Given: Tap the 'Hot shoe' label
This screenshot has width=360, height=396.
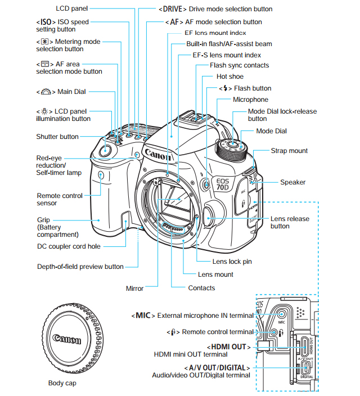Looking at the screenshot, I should [x=229, y=76].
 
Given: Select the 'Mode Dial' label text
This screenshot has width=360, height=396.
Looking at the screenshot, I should [x=271, y=131].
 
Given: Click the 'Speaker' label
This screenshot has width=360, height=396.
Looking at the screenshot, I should [x=292, y=182].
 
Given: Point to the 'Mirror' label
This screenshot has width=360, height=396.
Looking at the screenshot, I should [x=134, y=289].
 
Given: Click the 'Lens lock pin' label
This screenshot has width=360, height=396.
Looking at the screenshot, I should [x=232, y=262].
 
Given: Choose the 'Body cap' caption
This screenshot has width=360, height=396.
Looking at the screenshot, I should [x=62, y=383].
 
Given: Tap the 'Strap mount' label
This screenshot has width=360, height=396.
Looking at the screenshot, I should [x=289, y=151].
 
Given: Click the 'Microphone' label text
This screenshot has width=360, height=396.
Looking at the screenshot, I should [x=250, y=100].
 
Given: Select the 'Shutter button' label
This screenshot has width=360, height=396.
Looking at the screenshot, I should [x=57, y=137].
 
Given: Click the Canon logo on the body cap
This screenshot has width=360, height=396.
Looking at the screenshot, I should [x=67, y=339].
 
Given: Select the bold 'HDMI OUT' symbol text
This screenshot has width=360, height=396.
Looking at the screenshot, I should [x=228, y=346].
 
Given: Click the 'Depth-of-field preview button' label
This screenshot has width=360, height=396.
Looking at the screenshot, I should [x=80, y=267].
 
